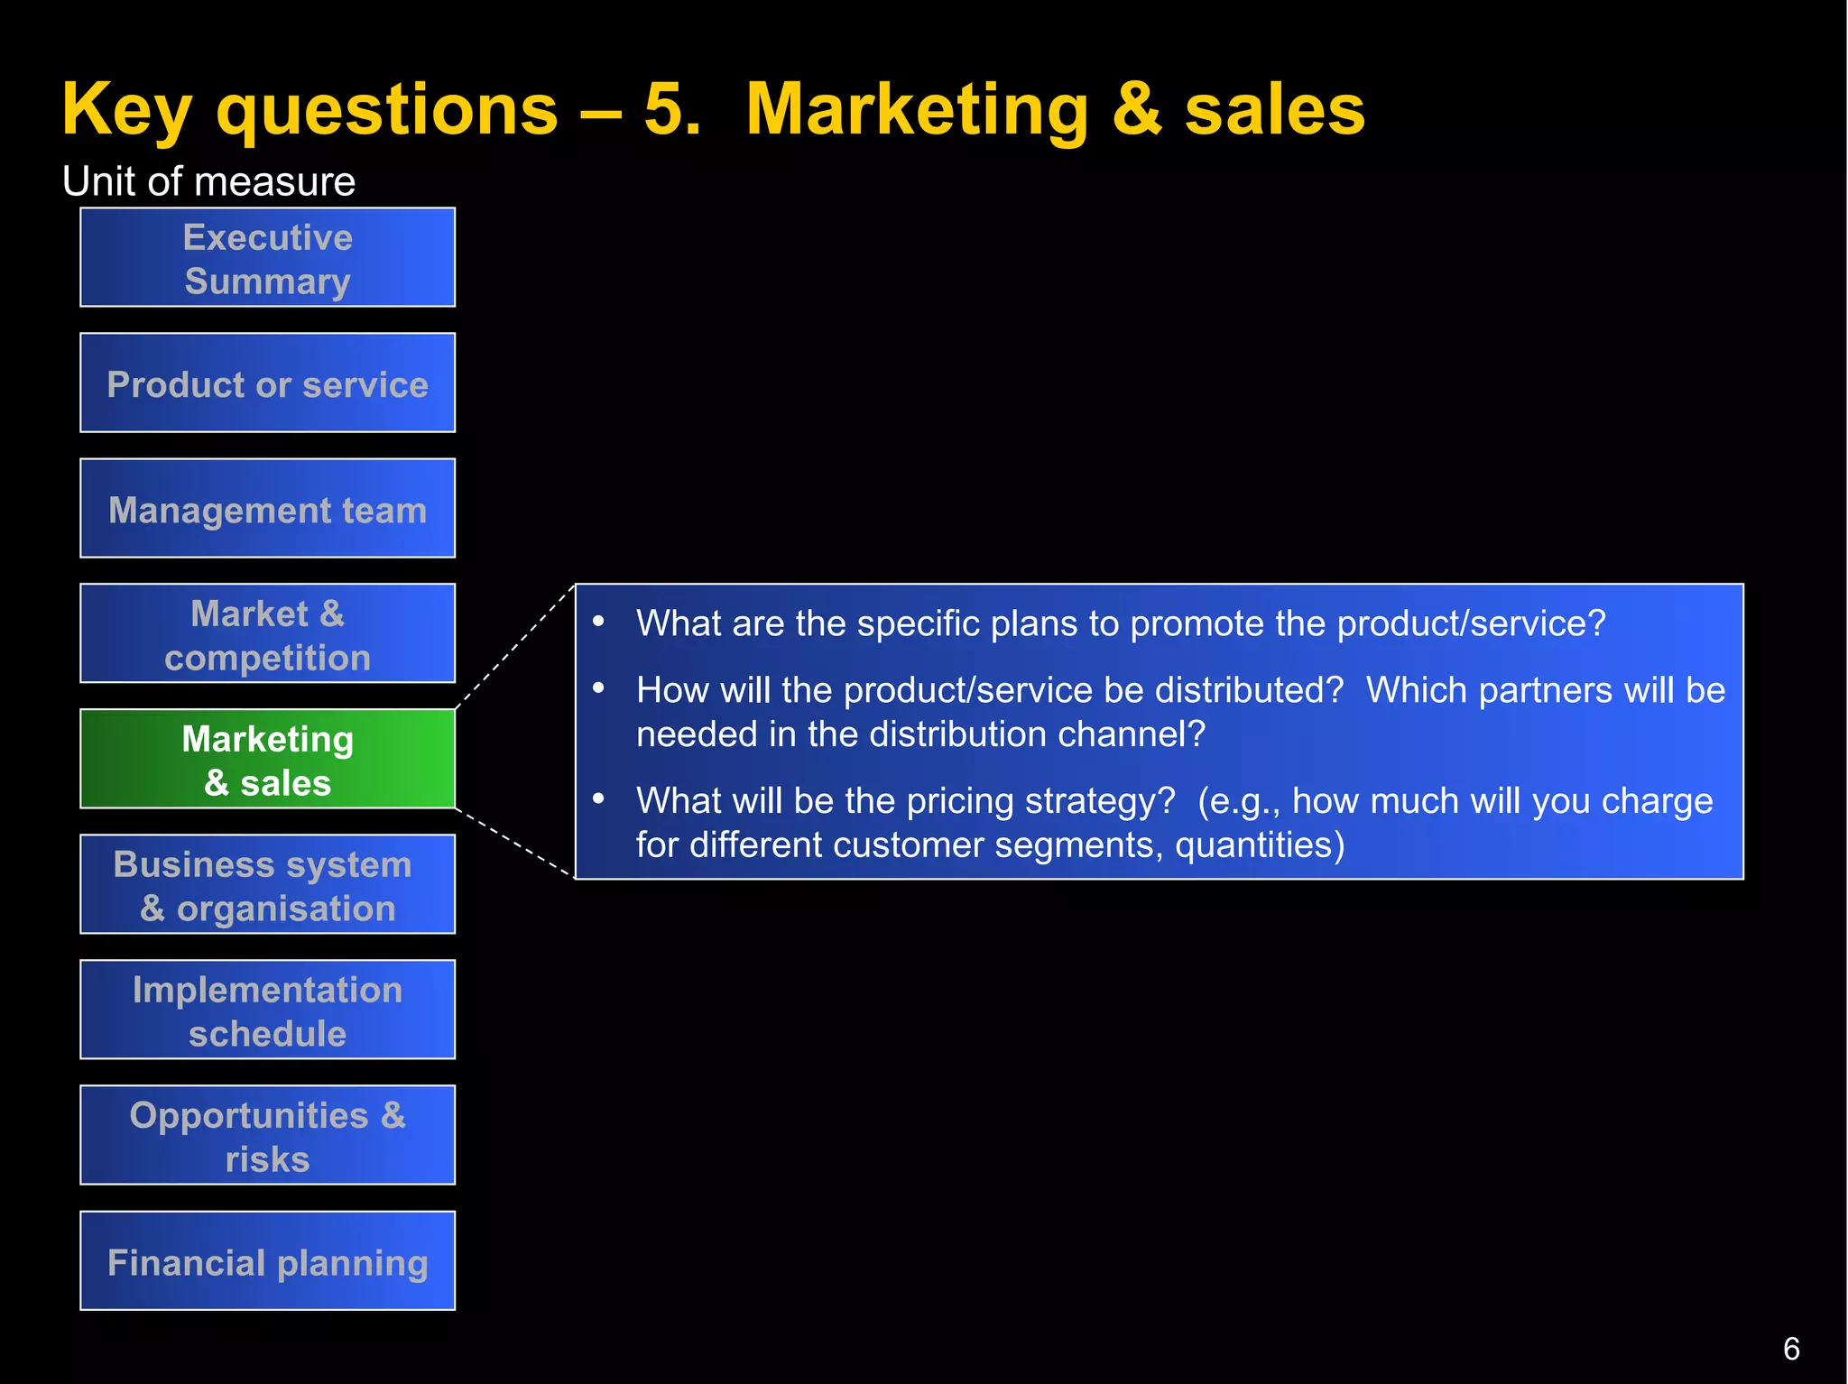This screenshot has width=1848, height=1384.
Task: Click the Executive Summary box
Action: [267, 258]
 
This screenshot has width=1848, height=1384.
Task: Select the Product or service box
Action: [267, 383]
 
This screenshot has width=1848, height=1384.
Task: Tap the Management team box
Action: [267, 509]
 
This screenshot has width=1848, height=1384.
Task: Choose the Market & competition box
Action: [267, 634]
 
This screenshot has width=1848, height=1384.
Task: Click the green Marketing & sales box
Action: [267, 760]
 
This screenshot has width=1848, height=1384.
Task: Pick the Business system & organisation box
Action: [267, 885]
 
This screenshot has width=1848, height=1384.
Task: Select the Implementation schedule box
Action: [267, 1010]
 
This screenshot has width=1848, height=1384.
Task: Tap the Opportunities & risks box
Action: [267, 1136]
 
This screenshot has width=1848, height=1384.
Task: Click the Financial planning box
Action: [267, 1261]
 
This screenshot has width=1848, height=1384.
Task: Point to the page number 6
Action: [1791, 1349]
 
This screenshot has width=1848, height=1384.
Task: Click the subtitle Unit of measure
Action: [208, 181]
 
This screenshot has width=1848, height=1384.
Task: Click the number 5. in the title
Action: [671, 110]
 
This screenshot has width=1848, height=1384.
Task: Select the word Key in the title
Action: [125, 110]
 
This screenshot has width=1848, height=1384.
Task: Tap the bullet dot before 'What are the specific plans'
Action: [598, 621]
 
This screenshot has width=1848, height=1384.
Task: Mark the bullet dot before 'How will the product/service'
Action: [598, 687]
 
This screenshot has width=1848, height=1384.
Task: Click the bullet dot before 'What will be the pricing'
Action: [598, 798]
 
